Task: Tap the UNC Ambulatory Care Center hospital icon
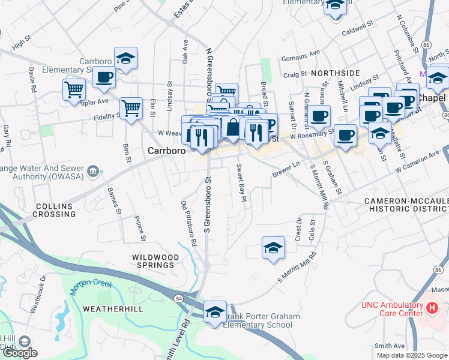coord(432,308)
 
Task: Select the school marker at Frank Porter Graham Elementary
coord(215,312)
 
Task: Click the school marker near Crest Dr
coord(273,248)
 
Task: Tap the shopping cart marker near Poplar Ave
coord(74,90)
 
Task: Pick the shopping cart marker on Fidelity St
coord(131,109)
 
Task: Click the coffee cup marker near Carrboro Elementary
coord(104,78)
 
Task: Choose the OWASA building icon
coord(93,172)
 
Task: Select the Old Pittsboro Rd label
coord(188,224)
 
